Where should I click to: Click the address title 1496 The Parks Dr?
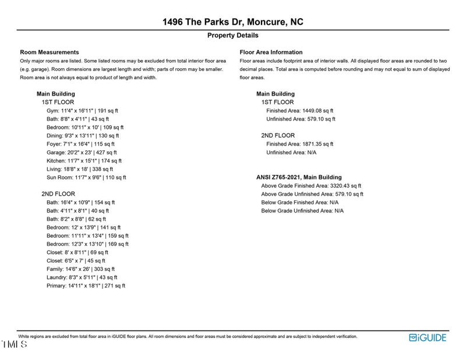point(233,22)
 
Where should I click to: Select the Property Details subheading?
point(233,36)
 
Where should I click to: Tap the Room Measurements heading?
point(50,52)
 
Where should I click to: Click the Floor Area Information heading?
point(271,52)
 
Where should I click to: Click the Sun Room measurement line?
point(86,178)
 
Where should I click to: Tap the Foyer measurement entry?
point(80,144)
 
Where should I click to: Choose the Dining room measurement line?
point(83,136)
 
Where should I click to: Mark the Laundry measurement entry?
point(82,278)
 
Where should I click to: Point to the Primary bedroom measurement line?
point(86,286)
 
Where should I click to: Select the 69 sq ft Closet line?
point(77,253)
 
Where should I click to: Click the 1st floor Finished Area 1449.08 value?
point(300,111)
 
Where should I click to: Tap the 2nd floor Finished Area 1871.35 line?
point(300,144)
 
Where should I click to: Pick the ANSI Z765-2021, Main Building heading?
point(299,178)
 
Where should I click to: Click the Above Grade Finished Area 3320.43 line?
point(311,186)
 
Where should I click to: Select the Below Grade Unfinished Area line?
point(302,211)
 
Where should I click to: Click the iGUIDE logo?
point(428,338)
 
